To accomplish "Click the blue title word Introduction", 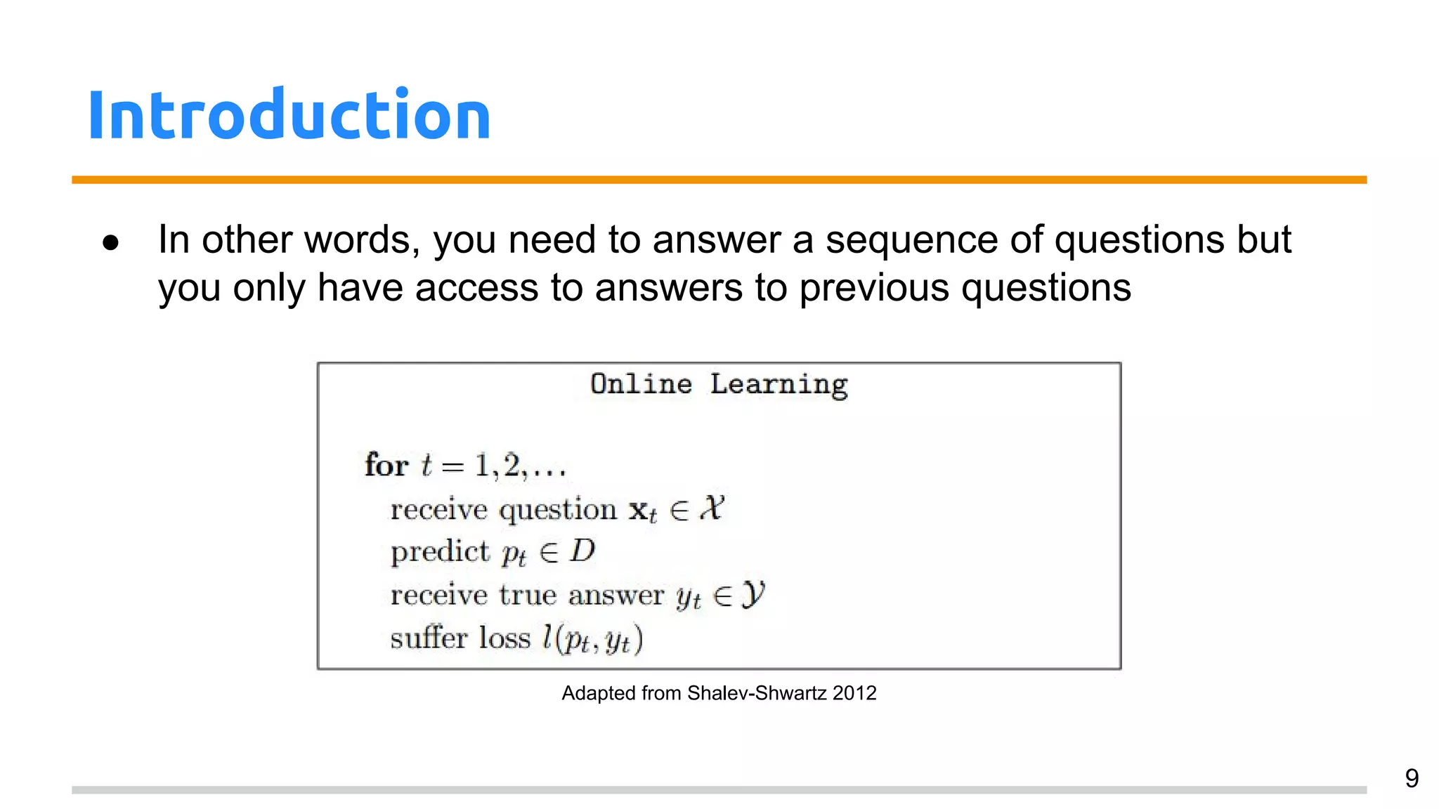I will (289, 115).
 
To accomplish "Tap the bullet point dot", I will (110, 243).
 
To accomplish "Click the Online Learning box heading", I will (719, 385).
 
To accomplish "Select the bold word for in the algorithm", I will (386, 465).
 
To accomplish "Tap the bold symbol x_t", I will (642, 511).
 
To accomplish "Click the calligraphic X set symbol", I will (712, 508).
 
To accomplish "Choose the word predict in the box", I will (439, 552).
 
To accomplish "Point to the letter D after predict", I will (582, 551).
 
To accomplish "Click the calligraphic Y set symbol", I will (753, 595).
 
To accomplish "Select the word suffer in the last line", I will (429, 638).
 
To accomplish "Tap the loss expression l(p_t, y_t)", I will (592, 639).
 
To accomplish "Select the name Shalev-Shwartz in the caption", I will (757, 693).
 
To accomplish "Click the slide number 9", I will (1412, 778).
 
